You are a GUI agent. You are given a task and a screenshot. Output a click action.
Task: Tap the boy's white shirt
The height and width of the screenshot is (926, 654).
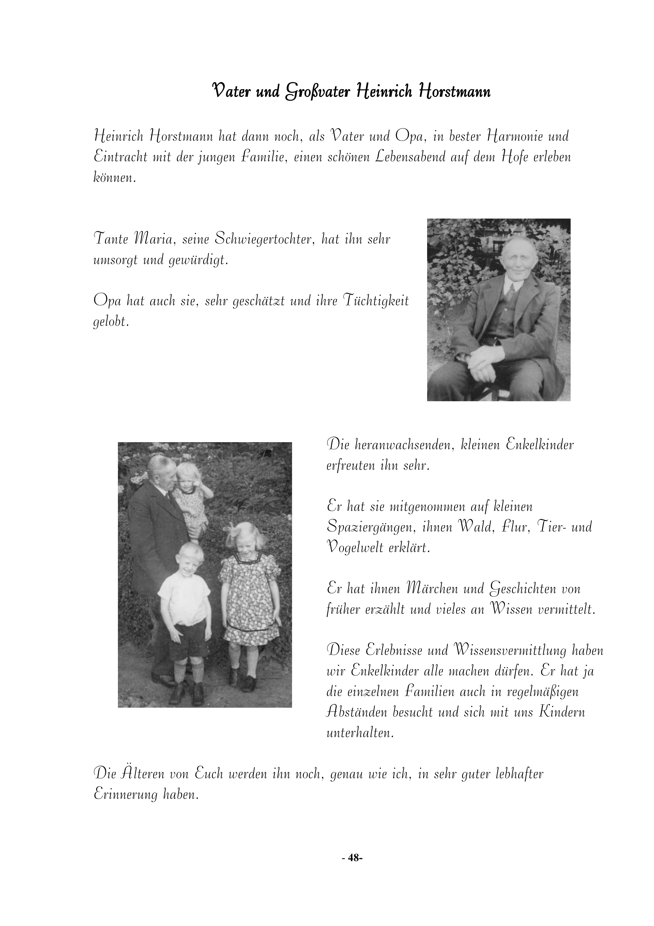(184, 598)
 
